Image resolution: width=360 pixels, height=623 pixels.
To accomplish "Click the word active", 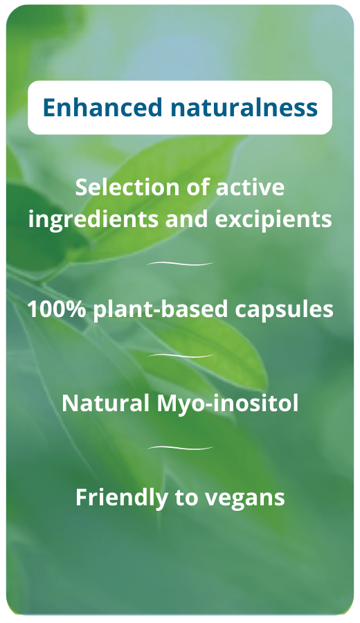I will [x=251, y=188].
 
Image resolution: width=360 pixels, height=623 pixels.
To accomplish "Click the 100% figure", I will [x=56, y=309].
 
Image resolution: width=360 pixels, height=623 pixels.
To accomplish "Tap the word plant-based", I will [x=161, y=309].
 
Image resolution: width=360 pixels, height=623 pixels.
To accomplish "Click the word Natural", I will [x=102, y=403].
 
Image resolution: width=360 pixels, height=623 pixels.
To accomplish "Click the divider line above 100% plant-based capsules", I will [x=180, y=264].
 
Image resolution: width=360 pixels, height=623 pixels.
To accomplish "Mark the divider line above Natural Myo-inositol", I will [x=180, y=356].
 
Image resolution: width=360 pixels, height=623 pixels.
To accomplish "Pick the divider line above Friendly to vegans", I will [x=180, y=449].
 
